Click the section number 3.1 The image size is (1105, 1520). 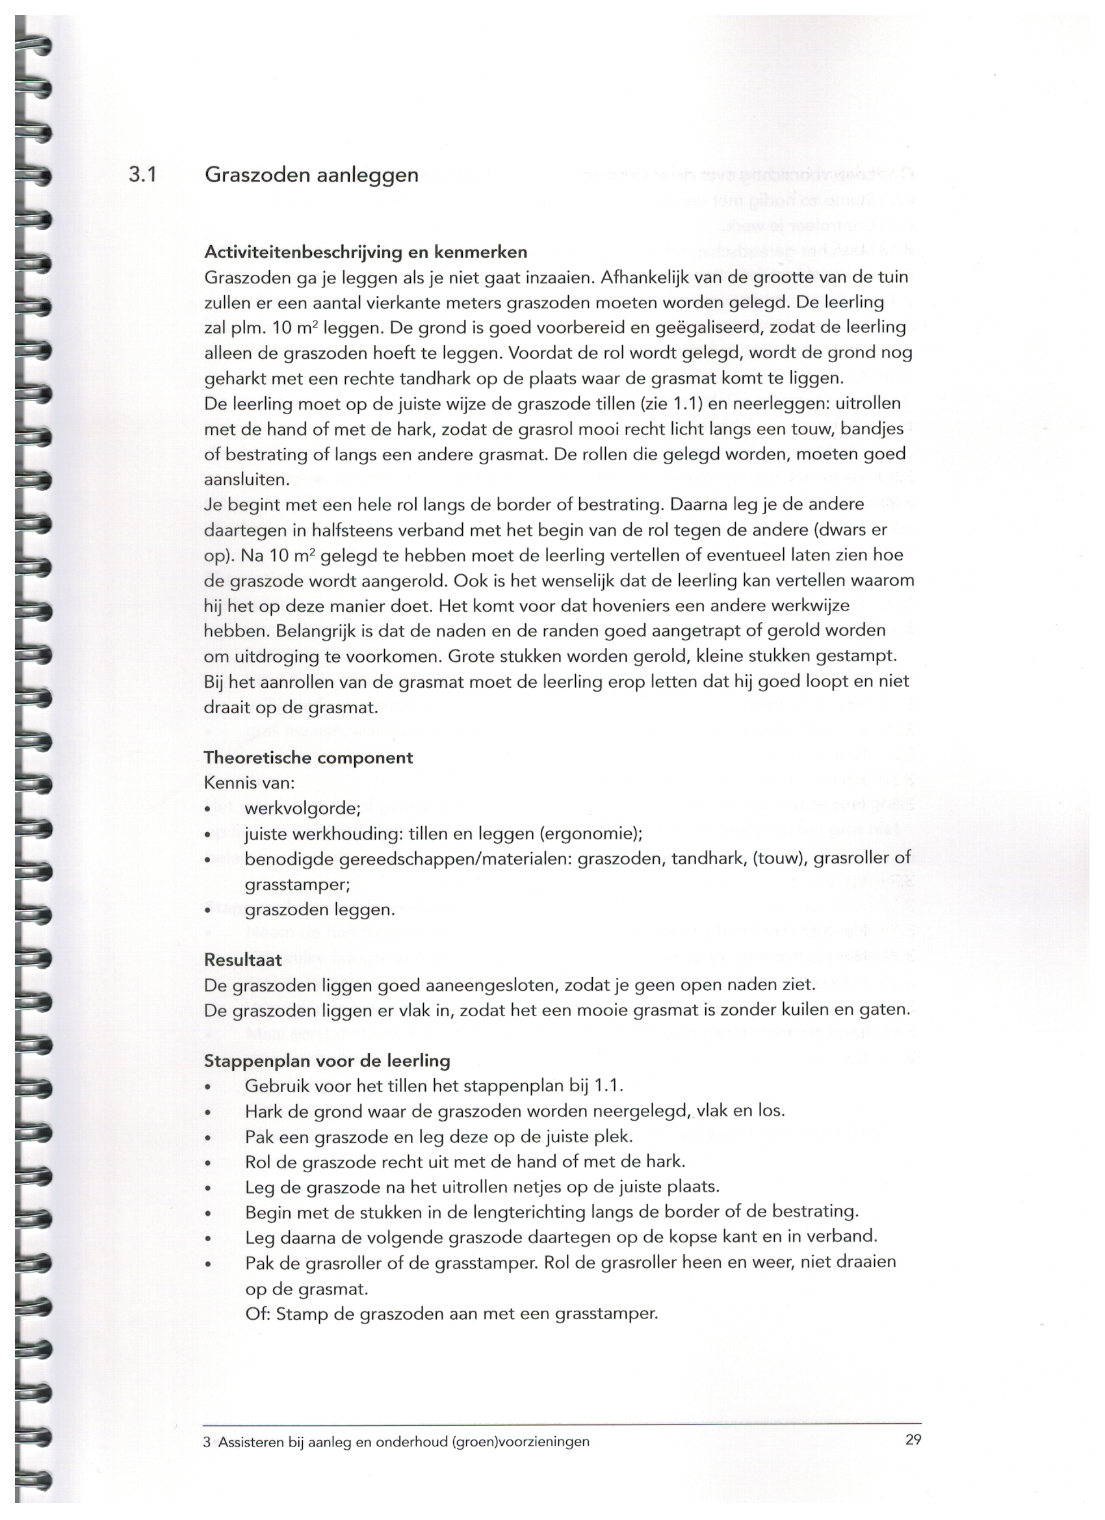pos(143,175)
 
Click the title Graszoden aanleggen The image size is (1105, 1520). pos(311,176)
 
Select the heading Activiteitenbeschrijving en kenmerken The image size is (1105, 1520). pos(365,252)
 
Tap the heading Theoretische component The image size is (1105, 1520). pos(307,757)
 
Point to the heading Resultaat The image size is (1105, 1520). pos(243,960)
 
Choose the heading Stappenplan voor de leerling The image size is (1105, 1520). pos(327,1061)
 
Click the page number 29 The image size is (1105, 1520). pos(913,1439)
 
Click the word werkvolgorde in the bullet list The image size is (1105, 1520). pos(302,808)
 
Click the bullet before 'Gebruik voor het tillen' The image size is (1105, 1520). pos(209,1087)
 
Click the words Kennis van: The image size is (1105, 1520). pos(248,783)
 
